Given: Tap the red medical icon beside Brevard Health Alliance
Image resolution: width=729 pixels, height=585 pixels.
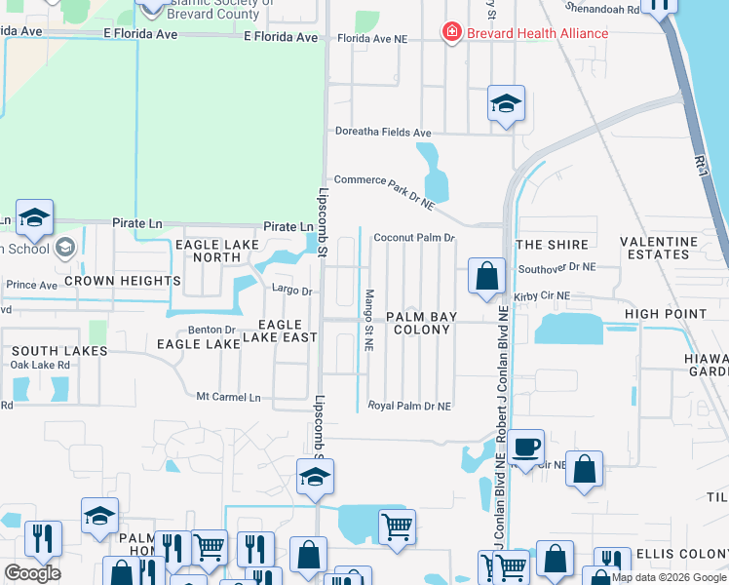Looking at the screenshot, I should [x=451, y=33].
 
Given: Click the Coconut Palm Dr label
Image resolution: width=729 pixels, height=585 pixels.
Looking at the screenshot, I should [x=415, y=237].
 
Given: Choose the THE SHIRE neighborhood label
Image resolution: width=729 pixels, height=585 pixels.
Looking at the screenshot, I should [x=553, y=245].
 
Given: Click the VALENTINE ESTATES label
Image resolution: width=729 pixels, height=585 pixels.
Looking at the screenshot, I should [x=660, y=248].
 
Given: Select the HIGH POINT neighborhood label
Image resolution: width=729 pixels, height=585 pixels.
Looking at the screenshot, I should [x=666, y=314].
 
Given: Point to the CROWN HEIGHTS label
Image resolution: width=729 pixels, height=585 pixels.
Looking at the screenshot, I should [x=123, y=281].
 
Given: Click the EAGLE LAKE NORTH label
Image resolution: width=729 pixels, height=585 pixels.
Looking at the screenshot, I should [x=216, y=251].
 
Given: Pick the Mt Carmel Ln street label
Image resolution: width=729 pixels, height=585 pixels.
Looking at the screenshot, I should [x=229, y=398].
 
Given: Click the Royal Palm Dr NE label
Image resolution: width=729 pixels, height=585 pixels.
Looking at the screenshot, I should [x=409, y=406].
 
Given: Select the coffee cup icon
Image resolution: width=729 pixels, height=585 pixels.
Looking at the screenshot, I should [x=525, y=446].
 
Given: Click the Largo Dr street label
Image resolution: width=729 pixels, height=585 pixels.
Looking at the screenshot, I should [x=291, y=290].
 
